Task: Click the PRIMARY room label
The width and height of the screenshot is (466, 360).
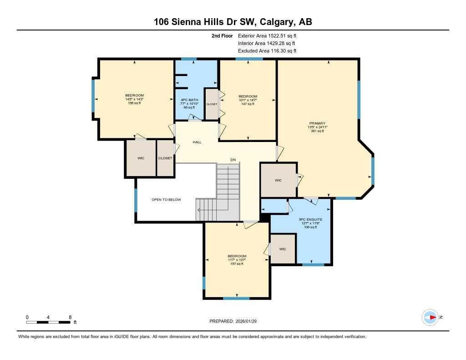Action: pyautogui.click(x=317, y=123)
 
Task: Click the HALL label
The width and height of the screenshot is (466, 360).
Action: pyautogui.click(x=197, y=142)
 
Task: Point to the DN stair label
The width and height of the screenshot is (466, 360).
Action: pyautogui.click(x=233, y=160)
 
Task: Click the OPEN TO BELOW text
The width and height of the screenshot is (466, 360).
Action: pyautogui.click(x=166, y=199)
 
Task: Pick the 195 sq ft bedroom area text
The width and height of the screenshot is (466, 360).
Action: pyautogui.click(x=134, y=103)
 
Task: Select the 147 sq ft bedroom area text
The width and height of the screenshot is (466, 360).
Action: pyautogui.click(x=248, y=104)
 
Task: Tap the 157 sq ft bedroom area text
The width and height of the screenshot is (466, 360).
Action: pyautogui.click(x=237, y=264)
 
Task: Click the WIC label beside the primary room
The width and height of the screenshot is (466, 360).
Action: pyautogui.click(x=278, y=180)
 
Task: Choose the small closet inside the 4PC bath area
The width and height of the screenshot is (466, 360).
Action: pyautogui.click(x=212, y=104)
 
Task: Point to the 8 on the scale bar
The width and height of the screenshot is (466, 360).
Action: pyautogui.click(x=70, y=317)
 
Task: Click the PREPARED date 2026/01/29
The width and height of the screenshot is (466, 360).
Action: pyautogui.click(x=236, y=321)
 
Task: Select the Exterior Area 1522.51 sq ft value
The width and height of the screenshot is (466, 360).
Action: pyautogui.click(x=267, y=35)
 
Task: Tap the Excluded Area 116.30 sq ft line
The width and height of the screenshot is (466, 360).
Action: pyautogui.click(x=267, y=51)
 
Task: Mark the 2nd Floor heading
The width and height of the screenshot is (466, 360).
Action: pyautogui.click(x=222, y=35)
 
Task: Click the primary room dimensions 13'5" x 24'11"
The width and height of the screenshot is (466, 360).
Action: pyautogui.click(x=317, y=127)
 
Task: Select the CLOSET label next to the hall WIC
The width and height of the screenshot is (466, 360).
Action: pyautogui.click(x=165, y=158)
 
